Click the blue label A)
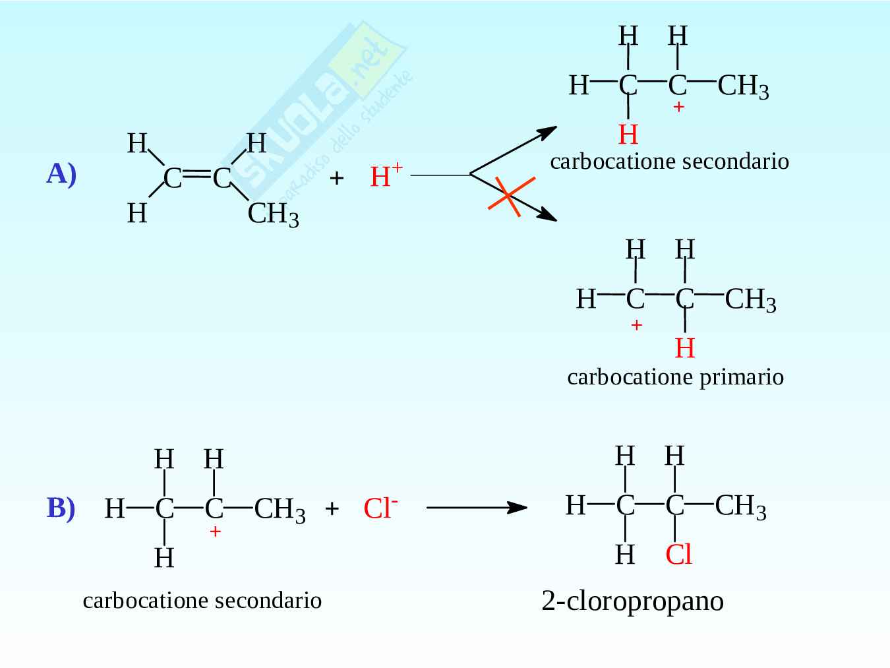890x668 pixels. coord(61,174)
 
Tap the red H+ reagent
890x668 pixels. coord(386,176)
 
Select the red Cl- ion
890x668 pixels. coord(380,508)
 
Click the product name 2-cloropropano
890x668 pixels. coord(632,601)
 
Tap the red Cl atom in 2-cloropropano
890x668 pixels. coord(678,555)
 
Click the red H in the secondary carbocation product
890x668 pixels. coord(628,135)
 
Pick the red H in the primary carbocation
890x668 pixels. coord(685,348)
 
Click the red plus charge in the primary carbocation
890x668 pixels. coord(636,325)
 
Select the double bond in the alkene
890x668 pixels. coord(196,175)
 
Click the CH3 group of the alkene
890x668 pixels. coord(273,214)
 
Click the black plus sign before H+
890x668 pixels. coord(336,177)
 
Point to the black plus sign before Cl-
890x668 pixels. coord(332,508)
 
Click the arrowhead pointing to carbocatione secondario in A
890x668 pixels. coord(547,132)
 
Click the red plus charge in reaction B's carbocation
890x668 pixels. coord(215,531)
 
